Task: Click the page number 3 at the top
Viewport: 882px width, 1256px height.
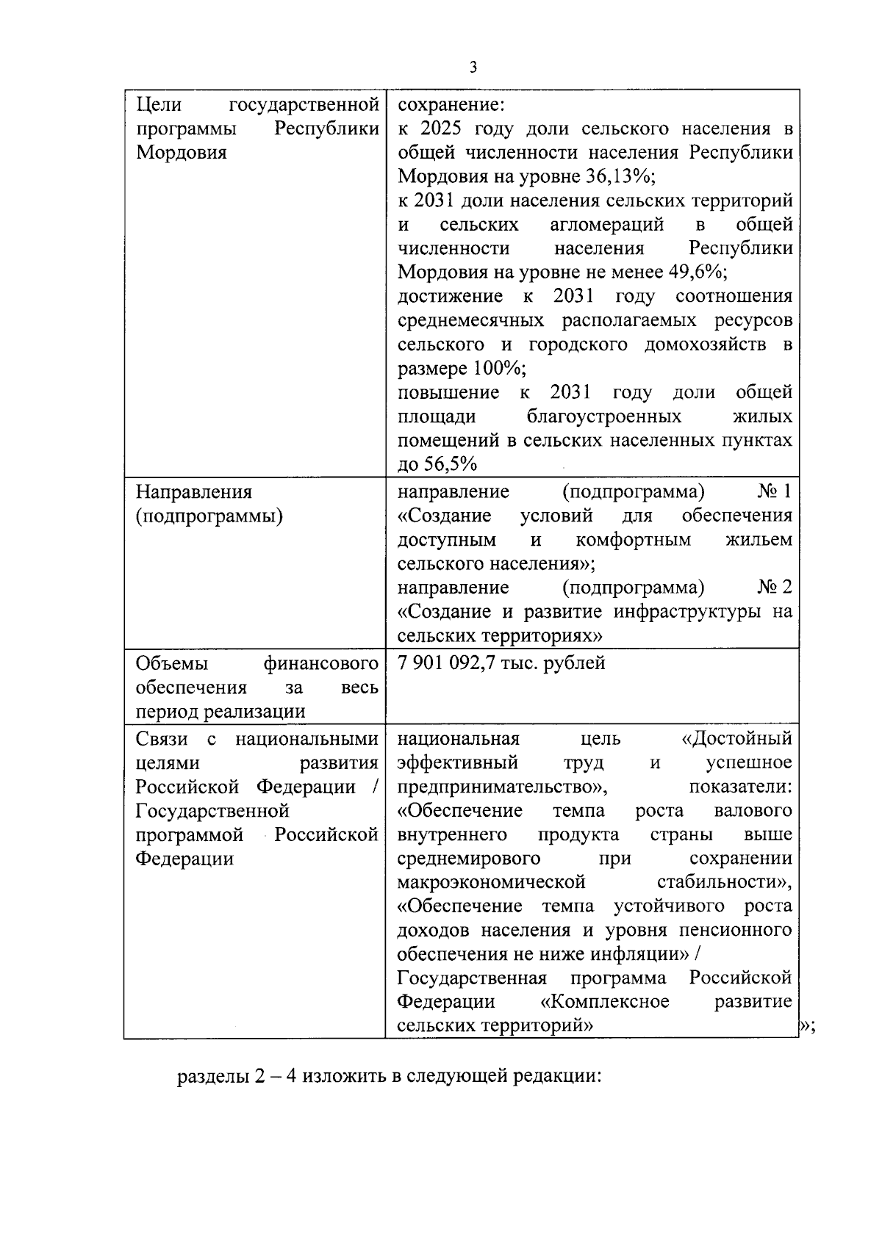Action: click(473, 68)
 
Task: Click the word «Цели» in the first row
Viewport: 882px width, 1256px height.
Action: click(159, 105)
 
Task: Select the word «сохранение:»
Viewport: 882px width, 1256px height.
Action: click(451, 105)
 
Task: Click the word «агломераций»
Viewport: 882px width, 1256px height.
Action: click(606, 225)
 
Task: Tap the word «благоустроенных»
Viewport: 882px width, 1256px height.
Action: click(604, 416)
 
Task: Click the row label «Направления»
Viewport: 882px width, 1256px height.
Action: click(194, 492)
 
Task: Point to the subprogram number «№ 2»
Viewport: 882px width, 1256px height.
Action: click(775, 588)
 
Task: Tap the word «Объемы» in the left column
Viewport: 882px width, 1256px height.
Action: click(171, 664)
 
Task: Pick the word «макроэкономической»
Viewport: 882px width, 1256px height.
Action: click(491, 882)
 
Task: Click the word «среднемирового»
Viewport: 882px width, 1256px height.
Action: click(468, 859)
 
